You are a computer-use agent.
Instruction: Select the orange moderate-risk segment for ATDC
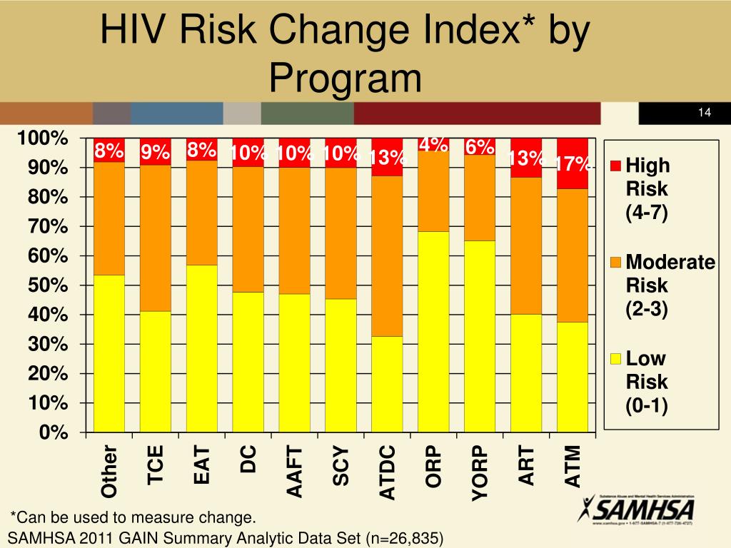click(x=387, y=255)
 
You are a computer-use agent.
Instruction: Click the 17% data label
click(x=573, y=165)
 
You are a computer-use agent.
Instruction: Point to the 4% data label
click(x=433, y=144)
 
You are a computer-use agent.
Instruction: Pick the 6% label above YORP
click(x=480, y=147)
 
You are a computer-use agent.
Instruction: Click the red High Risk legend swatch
click(x=615, y=167)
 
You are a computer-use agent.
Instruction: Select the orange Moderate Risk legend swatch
click(x=615, y=263)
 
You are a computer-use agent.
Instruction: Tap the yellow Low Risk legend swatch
click(x=615, y=359)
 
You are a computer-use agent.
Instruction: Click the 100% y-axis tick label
click(x=44, y=138)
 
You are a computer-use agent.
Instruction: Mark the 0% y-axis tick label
click(x=53, y=433)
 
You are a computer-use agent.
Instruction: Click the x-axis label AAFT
click(x=295, y=471)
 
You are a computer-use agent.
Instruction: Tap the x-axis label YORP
click(x=480, y=472)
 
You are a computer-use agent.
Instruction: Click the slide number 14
click(x=705, y=113)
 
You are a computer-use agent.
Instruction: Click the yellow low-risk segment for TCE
click(x=155, y=371)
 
